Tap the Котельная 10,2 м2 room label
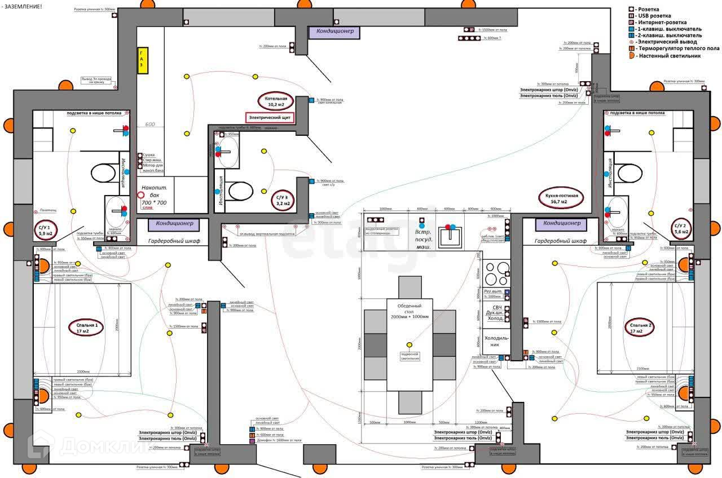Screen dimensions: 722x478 [x=276, y=101]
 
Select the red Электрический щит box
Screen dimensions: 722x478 [x=270, y=117]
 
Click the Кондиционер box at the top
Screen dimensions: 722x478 [x=335, y=32]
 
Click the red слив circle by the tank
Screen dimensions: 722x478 [x=140, y=195]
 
